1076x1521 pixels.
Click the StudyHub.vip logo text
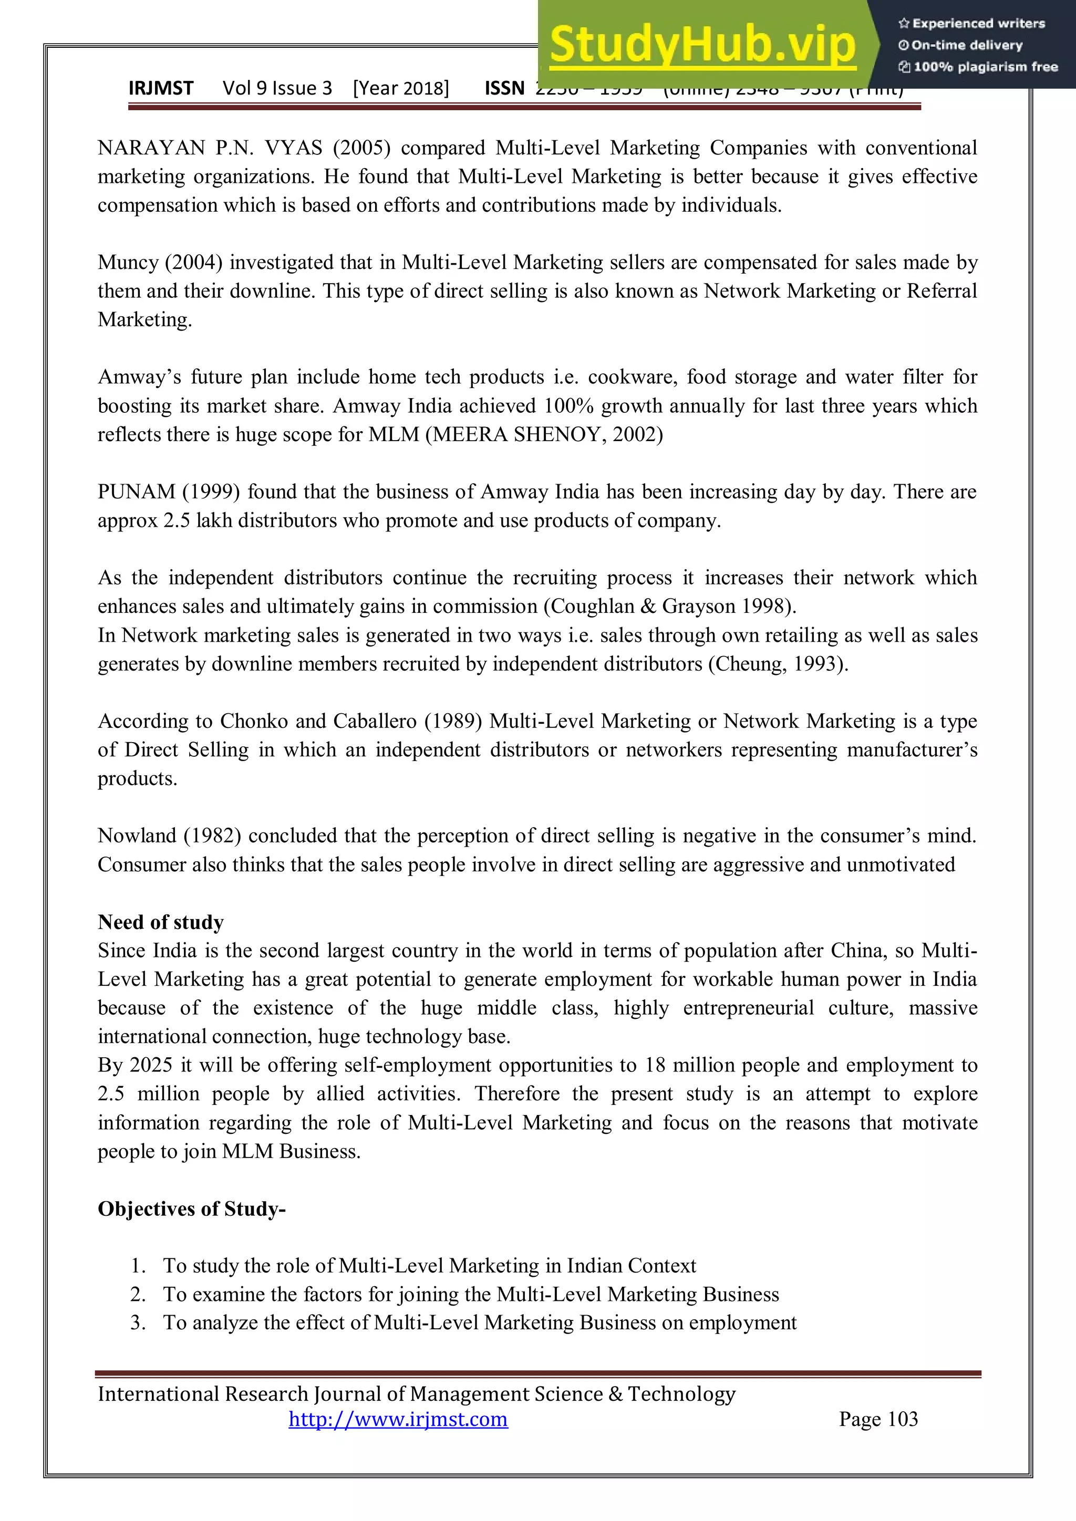702,45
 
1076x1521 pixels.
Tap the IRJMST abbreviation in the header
161,88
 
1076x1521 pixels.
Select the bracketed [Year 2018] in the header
401,88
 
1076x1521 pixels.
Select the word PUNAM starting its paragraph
136,492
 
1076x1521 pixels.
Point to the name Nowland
137,836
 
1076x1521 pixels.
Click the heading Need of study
160,922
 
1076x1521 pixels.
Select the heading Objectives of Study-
191,1209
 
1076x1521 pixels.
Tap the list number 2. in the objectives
138,1294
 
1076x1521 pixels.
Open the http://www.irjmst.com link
398,1419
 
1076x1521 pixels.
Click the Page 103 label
878,1419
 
